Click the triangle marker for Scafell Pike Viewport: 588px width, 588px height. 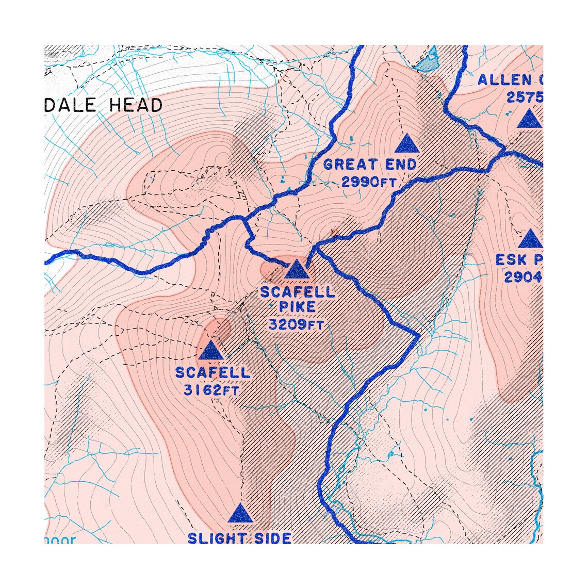(296, 270)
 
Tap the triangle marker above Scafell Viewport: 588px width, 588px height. (210, 350)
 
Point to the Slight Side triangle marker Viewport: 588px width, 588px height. (240, 514)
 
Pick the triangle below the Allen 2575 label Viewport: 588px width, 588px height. (530, 119)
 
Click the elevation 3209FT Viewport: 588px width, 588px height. (296, 325)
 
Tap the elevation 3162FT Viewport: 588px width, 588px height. (211, 390)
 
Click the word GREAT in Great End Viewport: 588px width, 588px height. (350, 165)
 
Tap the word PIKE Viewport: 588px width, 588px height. (297, 308)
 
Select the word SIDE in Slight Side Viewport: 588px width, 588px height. (273, 538)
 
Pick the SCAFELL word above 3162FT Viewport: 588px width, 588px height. (213, 372)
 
